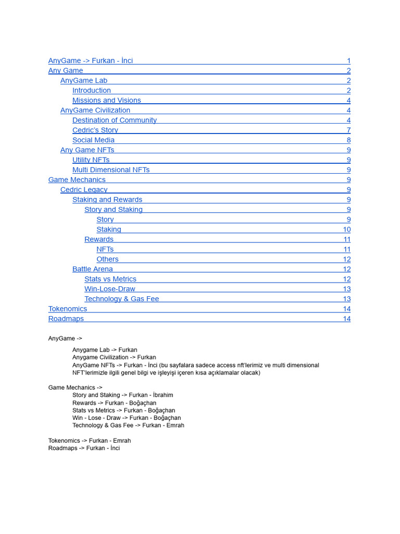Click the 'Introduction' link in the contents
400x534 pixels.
click(x=92, y=90)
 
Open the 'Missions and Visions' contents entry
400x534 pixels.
click(x=106, y=100)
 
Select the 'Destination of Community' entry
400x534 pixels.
click(x=114, y=120)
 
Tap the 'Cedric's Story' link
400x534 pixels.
click(x=95, y=130)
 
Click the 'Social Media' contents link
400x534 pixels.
click(x=93, y=140)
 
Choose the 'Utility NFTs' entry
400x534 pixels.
click(x=91, y=160)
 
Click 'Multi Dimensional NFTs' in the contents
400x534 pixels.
click(x=110, y=169)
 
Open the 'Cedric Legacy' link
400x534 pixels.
click(x=84, y=189)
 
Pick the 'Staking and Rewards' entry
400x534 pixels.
click(x=107, y=199)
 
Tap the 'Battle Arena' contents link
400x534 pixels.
click(x=92, y=269)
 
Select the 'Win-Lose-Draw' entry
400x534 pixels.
click(x=109, y=289)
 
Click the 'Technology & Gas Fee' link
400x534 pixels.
click(x=121, y=299)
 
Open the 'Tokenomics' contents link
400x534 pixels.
click(x=68, y=309)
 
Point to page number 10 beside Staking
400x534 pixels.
click(x=346, y=229)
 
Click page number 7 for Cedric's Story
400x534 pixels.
click(x=348, y=130)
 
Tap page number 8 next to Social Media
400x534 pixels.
click(x=348, y=140)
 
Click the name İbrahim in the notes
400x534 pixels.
click(x=163, y=395)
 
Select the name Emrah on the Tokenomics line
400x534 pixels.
click(x=122, y=441)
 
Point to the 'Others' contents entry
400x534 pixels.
click(x=107, y=259)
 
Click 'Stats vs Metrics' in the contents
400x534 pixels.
click(x=110, y=279)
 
